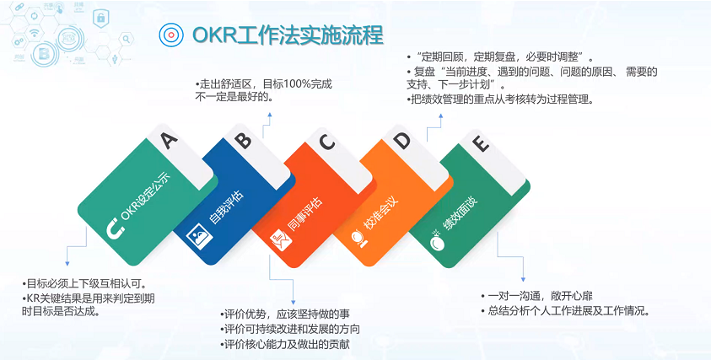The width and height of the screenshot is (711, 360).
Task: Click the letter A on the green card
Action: [170, 140]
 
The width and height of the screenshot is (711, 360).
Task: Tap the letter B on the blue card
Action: [244, 140]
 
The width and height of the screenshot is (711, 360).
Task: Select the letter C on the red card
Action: [326, 142]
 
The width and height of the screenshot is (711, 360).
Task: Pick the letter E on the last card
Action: [481, 143]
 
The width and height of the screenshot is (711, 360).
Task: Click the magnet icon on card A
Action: [116, 228]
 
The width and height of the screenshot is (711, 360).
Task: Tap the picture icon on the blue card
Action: [199, 235]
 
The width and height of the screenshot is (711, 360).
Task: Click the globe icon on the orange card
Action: [358, 238]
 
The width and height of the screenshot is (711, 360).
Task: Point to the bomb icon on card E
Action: [437, 240]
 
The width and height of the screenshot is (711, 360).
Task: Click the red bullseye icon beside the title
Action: [171, 35]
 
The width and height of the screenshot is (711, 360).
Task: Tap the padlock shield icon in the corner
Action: [100, 19]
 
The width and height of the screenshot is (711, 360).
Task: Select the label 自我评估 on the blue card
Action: [225, 207]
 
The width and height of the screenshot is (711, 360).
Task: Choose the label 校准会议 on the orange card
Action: [380, 213]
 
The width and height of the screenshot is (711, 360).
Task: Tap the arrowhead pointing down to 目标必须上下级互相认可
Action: [67, 263]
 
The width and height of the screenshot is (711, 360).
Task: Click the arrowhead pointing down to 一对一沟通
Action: [523, 279]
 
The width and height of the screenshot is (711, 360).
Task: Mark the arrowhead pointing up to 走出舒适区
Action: [269, 116]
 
